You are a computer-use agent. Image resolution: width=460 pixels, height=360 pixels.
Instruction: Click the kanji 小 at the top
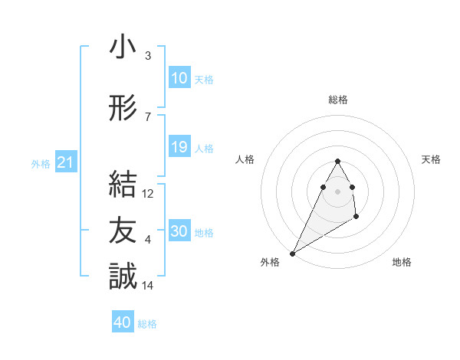(123, 48)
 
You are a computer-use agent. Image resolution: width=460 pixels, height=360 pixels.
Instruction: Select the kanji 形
(123, 109)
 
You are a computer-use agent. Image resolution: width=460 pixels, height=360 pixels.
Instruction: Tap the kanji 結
(123, 185)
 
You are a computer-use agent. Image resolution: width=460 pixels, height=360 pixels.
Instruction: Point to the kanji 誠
(123, 276)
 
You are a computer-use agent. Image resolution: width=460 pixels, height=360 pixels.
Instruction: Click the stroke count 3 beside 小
(148, 56)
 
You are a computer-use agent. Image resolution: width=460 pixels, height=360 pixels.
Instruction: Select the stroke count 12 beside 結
(148, 194)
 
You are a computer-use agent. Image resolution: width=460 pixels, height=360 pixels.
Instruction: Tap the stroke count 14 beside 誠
(148, 286)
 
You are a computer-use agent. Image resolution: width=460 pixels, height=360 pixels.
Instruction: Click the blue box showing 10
(179, 77)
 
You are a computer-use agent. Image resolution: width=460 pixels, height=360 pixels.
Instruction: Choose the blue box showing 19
(179, 147)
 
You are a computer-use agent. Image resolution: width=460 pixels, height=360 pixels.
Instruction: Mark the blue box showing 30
(179, 231)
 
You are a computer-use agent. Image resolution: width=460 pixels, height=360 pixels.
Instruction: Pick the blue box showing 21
(65, 162)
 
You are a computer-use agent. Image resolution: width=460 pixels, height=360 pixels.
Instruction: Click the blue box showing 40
(123, 322)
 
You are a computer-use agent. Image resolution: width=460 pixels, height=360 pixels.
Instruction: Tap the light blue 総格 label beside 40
(147, 324)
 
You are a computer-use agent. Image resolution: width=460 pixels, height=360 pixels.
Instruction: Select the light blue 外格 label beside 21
(41, 163)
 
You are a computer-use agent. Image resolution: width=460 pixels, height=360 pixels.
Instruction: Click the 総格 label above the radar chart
(337, 100)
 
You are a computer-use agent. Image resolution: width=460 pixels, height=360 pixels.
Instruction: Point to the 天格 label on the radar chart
(432, 159)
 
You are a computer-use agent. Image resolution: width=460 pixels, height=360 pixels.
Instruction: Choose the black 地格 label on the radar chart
(402, 262)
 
